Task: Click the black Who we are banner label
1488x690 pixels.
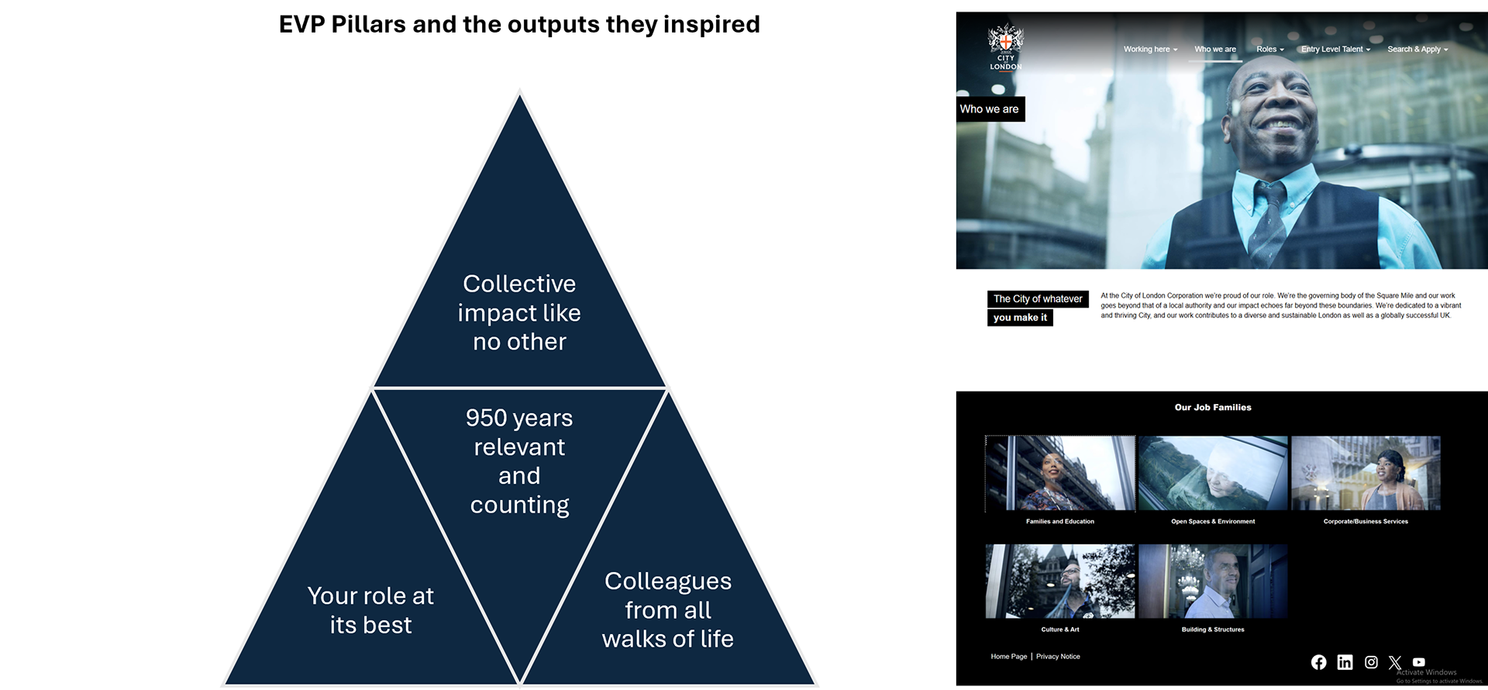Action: [x=990, y=109]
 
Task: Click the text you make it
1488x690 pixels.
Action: [x=1020, y=318]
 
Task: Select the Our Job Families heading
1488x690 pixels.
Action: [x=1213, y=407]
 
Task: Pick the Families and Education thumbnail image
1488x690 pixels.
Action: [x=1060, y=473]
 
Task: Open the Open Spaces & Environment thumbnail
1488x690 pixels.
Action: [x=1213, y=473]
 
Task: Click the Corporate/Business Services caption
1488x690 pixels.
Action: [x=1366, y=522]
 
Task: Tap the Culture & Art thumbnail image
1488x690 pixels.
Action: [x=1060, y=581]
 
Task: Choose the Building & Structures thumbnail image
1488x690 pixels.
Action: [x=1213, y=581]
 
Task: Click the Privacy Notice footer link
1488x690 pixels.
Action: [x=1058, y=657]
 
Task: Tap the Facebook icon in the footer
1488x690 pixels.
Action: [x=1318, y=662]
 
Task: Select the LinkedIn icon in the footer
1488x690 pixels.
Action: [x=1345, y=662]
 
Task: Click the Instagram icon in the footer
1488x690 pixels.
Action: [x=1371, y=662]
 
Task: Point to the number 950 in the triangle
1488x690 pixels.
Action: [x=486, y=418]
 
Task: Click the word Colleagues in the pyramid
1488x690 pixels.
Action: [x=667, y=581]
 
